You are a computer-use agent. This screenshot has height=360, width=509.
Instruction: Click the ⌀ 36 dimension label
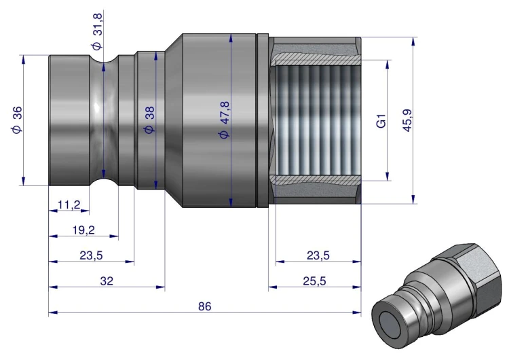click(x=17, y=120)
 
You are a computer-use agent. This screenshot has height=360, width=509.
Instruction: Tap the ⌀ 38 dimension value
click(x=150, y=120)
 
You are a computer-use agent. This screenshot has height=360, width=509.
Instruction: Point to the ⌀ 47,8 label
click(x=225, y=120)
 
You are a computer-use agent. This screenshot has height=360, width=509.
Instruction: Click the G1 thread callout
click(x=381, y=120)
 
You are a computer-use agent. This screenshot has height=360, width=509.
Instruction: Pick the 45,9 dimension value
click(x=407, y=120)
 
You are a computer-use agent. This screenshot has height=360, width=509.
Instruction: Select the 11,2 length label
click(x=69, y=204)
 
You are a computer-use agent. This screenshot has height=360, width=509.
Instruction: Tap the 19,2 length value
click(x=83, y=230)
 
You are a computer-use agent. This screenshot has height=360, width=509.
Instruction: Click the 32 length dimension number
click(x=107, y=281)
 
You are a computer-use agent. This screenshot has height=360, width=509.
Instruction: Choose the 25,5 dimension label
click(x=314, y=281)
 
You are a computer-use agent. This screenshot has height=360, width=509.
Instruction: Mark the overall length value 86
click(x=205, y=306)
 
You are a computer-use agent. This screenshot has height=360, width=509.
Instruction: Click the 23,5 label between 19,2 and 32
click(x=91, y=255)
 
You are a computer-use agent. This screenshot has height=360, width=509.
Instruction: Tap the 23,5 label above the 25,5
click(x=318, y=255)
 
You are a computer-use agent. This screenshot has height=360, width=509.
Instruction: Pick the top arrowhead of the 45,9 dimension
click(x=413, y=41)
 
